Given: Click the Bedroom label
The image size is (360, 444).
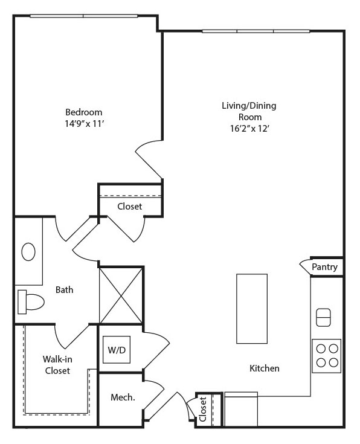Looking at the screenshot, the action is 83,112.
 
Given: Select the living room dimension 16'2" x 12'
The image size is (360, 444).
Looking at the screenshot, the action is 249,129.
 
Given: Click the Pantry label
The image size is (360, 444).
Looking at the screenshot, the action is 324,267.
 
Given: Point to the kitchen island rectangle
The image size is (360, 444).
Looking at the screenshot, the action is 252,309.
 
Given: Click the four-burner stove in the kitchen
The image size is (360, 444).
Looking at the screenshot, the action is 327,356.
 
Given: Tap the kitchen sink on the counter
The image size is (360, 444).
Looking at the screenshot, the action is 323,317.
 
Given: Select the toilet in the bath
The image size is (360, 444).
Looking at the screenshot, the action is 31,302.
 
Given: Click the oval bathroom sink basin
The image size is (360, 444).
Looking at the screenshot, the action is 28,252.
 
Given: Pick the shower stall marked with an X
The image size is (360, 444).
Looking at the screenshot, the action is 121,295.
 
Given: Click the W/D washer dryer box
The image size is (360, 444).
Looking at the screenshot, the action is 117,349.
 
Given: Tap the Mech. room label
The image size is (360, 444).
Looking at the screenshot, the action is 123,397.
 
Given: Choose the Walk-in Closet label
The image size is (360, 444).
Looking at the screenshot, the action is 57,365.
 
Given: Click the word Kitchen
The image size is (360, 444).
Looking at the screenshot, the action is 265,368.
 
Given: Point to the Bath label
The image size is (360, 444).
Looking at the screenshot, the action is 64,290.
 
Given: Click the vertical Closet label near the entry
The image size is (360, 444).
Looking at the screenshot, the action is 203,409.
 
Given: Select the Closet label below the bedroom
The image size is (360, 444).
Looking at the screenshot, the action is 130,206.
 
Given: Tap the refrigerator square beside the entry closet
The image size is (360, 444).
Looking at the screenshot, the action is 241,409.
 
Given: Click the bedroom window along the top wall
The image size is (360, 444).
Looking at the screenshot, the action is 84,16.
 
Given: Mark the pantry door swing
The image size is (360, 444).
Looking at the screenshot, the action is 305,266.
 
